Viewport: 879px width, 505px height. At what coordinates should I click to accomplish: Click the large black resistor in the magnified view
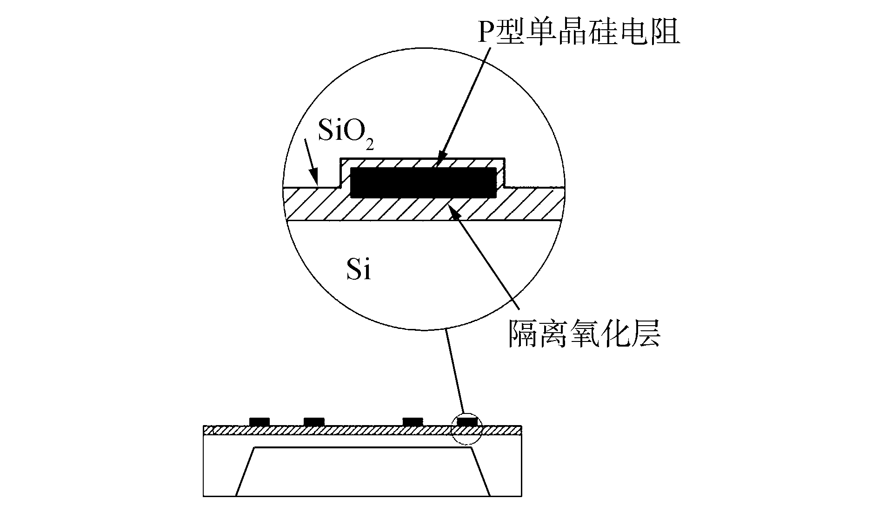point(423,183)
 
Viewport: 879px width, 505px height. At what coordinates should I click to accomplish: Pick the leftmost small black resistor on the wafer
point(259,421)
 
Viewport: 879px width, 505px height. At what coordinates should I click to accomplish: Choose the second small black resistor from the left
point(314,421)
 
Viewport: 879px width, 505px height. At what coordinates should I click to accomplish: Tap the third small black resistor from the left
point(413,421)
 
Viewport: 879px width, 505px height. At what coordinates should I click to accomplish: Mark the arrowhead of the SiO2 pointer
point(316,182)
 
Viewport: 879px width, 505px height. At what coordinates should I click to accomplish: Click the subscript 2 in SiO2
point(370,145)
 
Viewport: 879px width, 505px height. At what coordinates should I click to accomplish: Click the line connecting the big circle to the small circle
point(455,372)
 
